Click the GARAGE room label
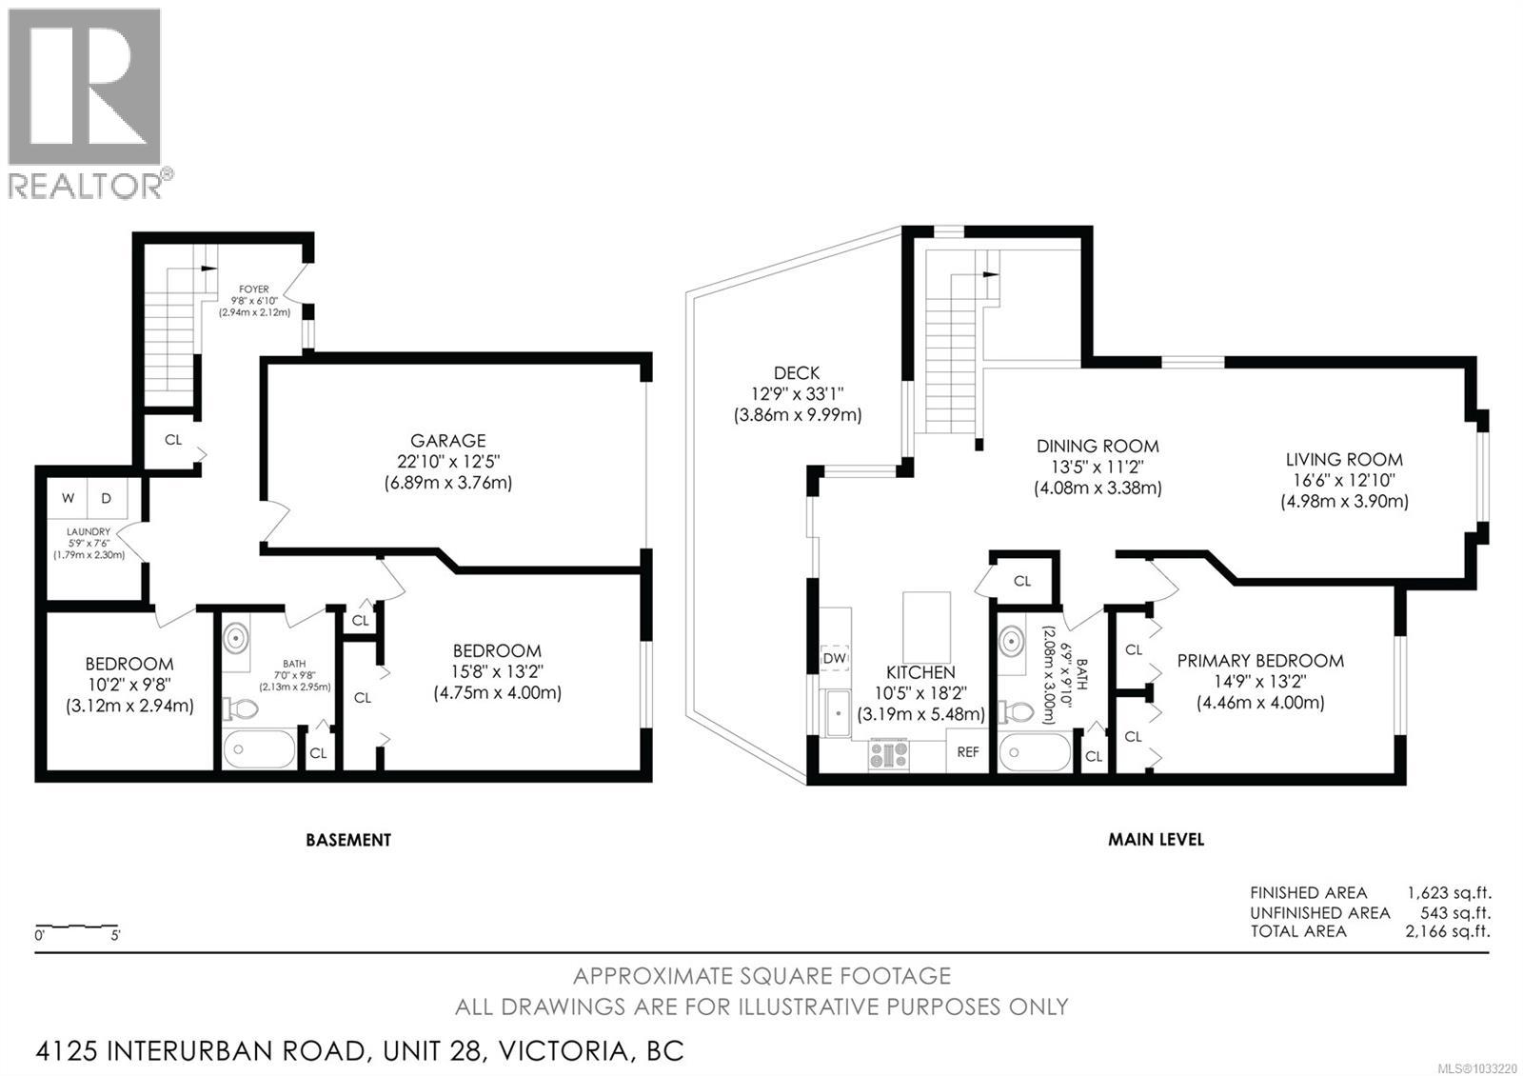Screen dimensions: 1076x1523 tap(447, 441)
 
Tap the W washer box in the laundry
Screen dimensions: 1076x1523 tap(68, 498)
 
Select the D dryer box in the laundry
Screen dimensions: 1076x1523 tap(107, 498)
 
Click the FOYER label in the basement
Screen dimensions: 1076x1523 tap(254, 289)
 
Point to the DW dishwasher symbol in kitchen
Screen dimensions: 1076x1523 tap(835, 658)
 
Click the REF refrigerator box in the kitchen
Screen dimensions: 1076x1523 tap(968, 752)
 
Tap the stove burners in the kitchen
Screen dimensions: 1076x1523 tap(888, 755)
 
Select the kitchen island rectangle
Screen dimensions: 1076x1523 tap(926, 620)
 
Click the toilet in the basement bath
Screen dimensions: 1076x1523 tap(241, 709)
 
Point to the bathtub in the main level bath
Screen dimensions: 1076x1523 tap(1035, 752)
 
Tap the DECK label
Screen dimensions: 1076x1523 tap(796, 373)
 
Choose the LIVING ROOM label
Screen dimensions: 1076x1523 tap(1343, 460)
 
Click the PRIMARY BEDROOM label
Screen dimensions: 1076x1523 tap(1259, 661)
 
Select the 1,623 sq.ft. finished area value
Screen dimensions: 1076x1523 tap(1449, 893)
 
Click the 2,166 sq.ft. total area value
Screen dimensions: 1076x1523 tap(1448, 931)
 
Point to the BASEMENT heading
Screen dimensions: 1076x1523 tap(347, 840)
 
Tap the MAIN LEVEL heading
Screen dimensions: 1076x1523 tap(1156, 840)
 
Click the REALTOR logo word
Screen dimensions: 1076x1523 tap(86, 186)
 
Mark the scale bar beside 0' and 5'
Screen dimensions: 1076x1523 tap(76, 926)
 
